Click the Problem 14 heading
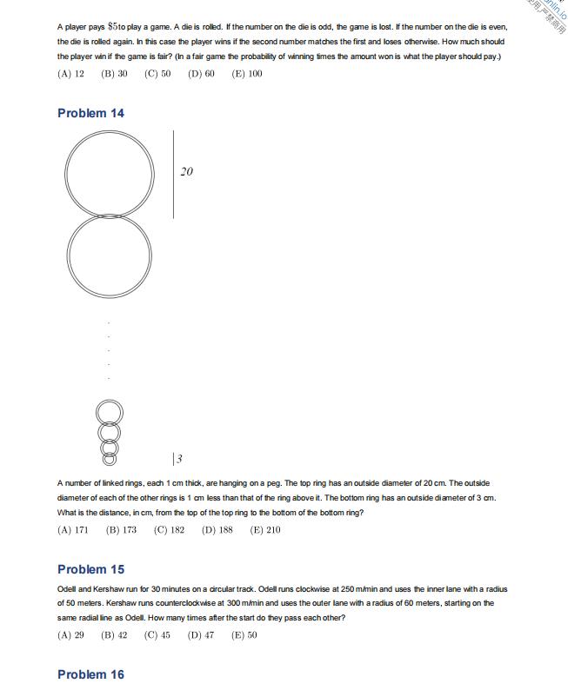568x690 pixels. click(x=90, y=113)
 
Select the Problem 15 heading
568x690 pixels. click(x=90, y=569)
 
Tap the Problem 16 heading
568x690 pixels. click(x=90, y=674)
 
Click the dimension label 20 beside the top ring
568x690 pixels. click(x=186, y=172)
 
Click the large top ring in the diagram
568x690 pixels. click(x=109, y=172)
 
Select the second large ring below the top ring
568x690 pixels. click(x=109, y=258)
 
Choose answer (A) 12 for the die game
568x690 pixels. click(x=70, y=74)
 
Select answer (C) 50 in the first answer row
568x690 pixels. click(x=157, y=74)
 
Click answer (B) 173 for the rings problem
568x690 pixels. click(x=121, y=529)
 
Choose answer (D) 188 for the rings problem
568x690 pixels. click(x=217, y=529)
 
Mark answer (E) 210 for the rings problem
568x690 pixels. click(x=265, y=529)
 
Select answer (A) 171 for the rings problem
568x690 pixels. click(x=73, y=529)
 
